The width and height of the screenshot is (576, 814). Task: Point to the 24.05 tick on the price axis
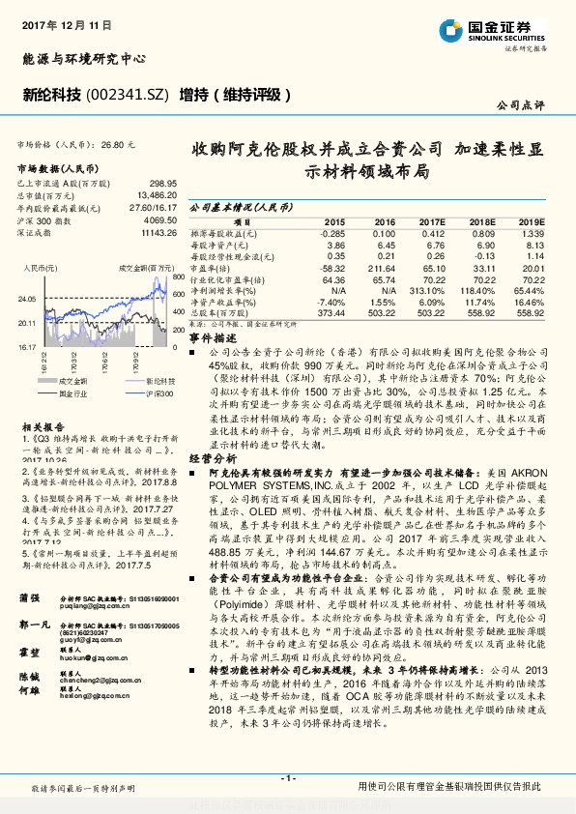pos(25,300)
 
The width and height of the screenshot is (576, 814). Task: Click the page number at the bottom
pos(287,777)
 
